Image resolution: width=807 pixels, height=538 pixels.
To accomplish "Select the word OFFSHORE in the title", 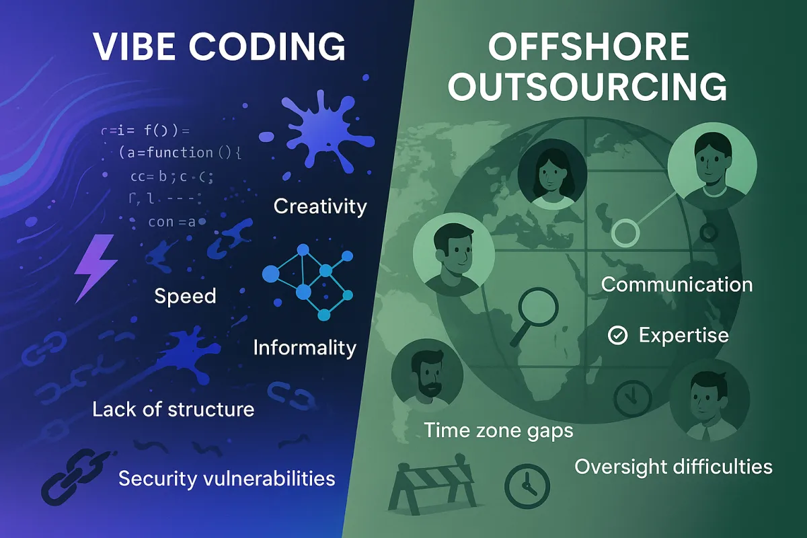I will click(578, 48).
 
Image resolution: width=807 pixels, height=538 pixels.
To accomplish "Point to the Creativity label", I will click(320, 206).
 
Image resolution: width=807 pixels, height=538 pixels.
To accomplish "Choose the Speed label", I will click(185, 296).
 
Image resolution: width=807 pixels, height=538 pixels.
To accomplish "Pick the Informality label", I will click(305, 348).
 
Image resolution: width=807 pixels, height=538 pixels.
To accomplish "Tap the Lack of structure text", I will click(173, 408).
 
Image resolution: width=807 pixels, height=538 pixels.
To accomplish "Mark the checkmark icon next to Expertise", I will click(617, 335).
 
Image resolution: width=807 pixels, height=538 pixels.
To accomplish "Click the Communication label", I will click(677, 284).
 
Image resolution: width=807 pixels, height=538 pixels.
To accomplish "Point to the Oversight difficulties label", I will click(673, 466).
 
